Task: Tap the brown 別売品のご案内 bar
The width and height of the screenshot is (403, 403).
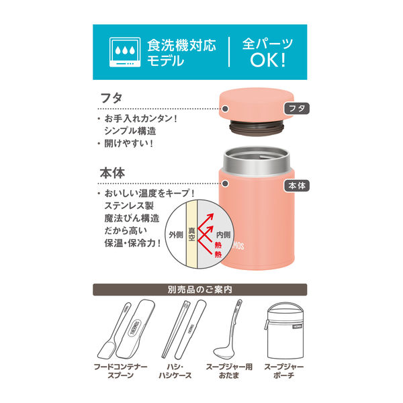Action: click(201, 290)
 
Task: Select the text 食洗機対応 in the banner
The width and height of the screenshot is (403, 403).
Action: click(182, 46)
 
